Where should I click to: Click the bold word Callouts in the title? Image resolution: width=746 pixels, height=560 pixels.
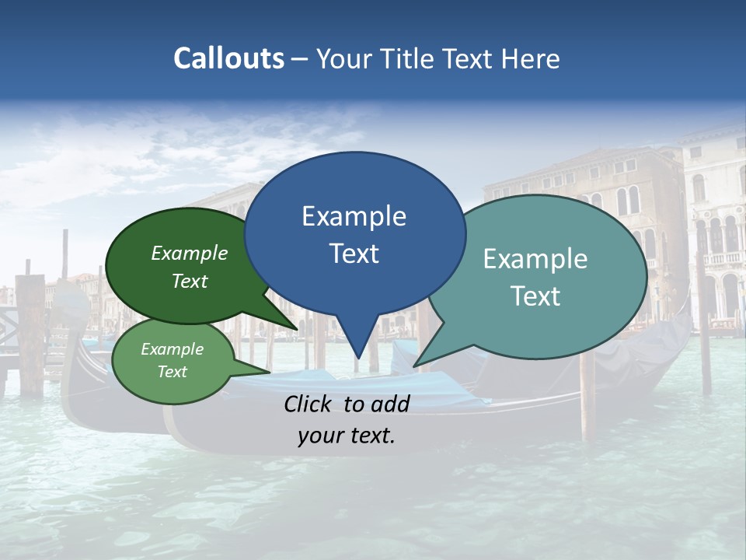tap(228, 58)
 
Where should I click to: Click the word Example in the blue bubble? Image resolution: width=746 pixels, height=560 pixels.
tap(354, 216)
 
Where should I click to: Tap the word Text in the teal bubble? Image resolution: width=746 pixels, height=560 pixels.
tap(535, 296)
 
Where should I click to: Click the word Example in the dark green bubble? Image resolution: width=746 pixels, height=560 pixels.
tap(190, 254)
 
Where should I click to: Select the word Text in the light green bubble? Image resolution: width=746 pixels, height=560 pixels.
tap(173, 372)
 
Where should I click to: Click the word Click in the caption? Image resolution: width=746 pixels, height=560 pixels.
tap(308, 404)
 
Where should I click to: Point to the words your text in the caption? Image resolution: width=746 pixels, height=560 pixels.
tap(347, 436)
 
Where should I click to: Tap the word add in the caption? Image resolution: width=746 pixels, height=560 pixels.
tap(390, 404)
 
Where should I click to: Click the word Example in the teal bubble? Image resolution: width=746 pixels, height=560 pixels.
tap(535, 259)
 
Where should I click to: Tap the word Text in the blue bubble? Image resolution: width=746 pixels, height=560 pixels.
tap(354, 254)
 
